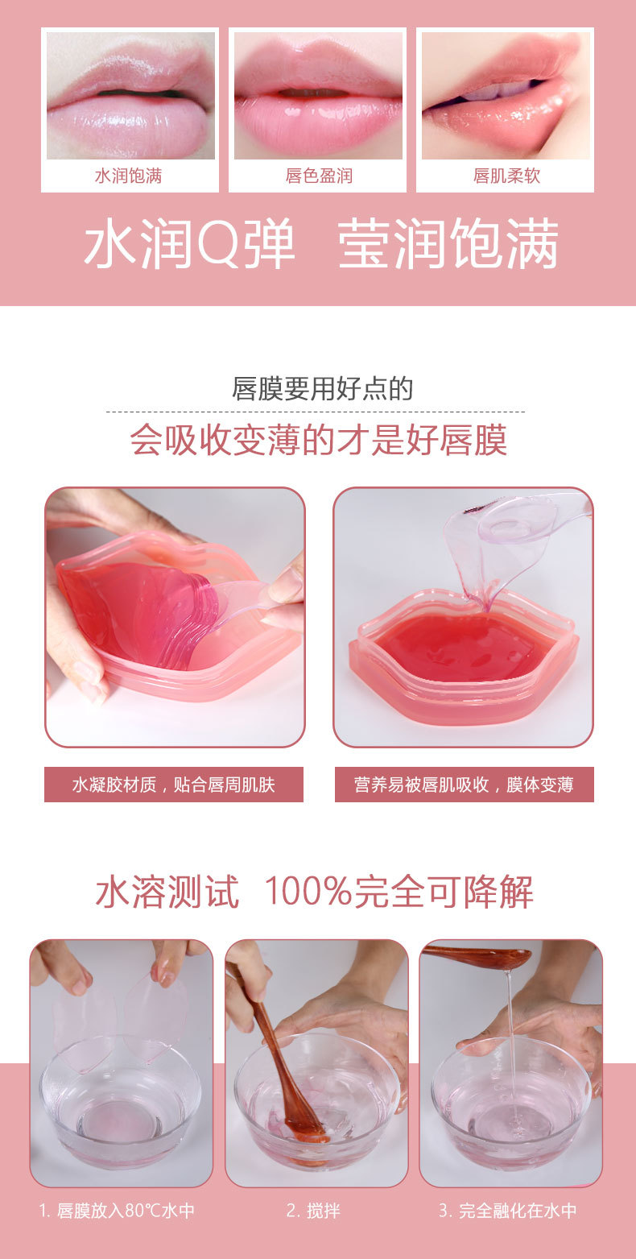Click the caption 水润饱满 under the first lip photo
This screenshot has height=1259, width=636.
[x=128, y=176]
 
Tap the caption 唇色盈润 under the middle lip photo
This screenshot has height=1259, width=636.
[x=318, y=176]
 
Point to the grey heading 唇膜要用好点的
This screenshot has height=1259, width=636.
[x=322, y=389]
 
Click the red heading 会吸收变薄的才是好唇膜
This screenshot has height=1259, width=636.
[x=318, y=441]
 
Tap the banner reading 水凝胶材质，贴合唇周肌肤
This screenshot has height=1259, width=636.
[x=173, y=785]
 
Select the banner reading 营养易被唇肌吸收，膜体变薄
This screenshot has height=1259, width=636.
[x=464, y=785]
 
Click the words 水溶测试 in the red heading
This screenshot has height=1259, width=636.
[x=167, y=892]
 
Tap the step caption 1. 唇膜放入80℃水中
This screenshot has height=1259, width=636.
[x=117, y=1211]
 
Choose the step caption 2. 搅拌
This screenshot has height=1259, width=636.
[x=313, y=1211]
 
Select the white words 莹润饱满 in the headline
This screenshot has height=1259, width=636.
[x=448, y=246]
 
